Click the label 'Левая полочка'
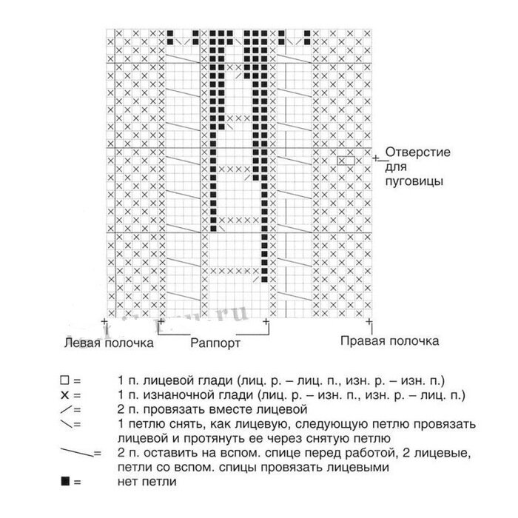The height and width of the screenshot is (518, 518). tap(109, 343)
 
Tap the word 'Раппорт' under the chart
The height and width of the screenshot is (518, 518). tap(215, 344)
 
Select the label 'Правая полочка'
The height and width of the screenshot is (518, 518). tap(389, 341)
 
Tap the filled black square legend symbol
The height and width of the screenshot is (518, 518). tap(65, 482)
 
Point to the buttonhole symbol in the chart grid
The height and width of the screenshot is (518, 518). tap(346, 160)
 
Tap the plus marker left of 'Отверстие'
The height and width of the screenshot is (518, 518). tap(375, 158)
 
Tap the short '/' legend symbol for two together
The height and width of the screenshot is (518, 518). tap(67, 409)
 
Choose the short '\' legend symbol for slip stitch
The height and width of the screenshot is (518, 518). tap(67, 424)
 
